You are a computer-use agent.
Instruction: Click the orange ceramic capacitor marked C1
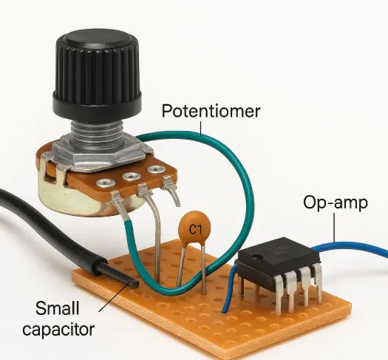click(x=194, y=227)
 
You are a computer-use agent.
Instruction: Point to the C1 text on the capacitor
click(x=196, y=229)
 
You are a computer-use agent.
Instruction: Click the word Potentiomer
click(x=211, y=111)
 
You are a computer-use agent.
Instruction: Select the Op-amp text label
click(x=336, y=203)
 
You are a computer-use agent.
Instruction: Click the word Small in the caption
click(x=57, y=308)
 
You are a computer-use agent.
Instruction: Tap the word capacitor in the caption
click(x=58, y=328)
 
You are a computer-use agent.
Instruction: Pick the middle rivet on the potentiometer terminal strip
click(x=132, y=177)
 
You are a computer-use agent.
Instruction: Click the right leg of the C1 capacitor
click(x=203, y=270)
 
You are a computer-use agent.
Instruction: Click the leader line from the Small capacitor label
click(x=115, y=297)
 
